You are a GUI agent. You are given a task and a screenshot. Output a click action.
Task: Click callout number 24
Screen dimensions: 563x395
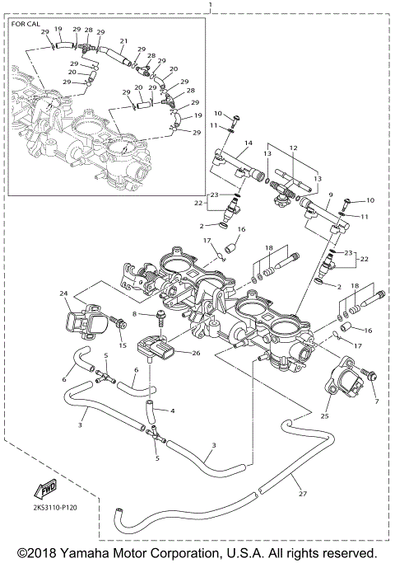(x=63, y=293)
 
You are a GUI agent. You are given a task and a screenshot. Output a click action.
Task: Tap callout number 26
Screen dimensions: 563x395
(x=195, y=354)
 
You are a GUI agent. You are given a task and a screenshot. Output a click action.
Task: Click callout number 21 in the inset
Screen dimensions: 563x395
(x=123, y=40)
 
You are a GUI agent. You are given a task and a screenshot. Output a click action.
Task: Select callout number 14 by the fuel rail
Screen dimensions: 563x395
(x=247, y=143)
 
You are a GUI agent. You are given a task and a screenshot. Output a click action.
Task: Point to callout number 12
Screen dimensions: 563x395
(x=292, y=148)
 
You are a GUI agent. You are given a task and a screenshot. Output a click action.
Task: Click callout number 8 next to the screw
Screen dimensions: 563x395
(x=134, y=315)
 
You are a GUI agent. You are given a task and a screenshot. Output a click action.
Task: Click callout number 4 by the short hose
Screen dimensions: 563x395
(x=173, y=411)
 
